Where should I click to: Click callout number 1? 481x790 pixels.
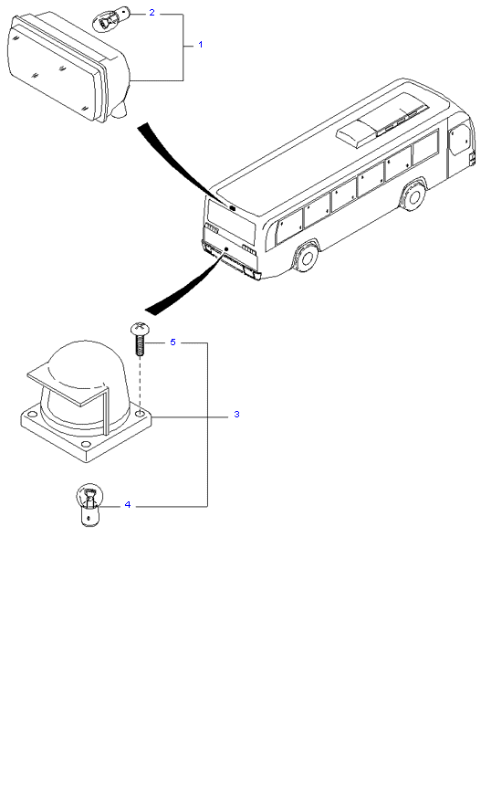201,45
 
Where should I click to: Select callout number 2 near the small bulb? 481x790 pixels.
152,13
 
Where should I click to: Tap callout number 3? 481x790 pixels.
236,415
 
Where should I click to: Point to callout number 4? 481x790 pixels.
128,505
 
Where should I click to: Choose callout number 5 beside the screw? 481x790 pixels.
173,342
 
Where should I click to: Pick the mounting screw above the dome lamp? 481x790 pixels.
139,339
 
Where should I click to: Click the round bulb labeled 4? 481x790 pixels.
89,505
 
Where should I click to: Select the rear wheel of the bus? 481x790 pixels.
307,257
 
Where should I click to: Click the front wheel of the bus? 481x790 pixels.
414,196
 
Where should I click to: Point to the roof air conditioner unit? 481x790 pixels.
382,121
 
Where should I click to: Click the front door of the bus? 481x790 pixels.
460,140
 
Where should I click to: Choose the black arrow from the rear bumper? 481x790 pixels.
187,282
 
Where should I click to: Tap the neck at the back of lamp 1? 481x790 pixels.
120,110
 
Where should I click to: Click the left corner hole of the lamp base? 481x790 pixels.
33,416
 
